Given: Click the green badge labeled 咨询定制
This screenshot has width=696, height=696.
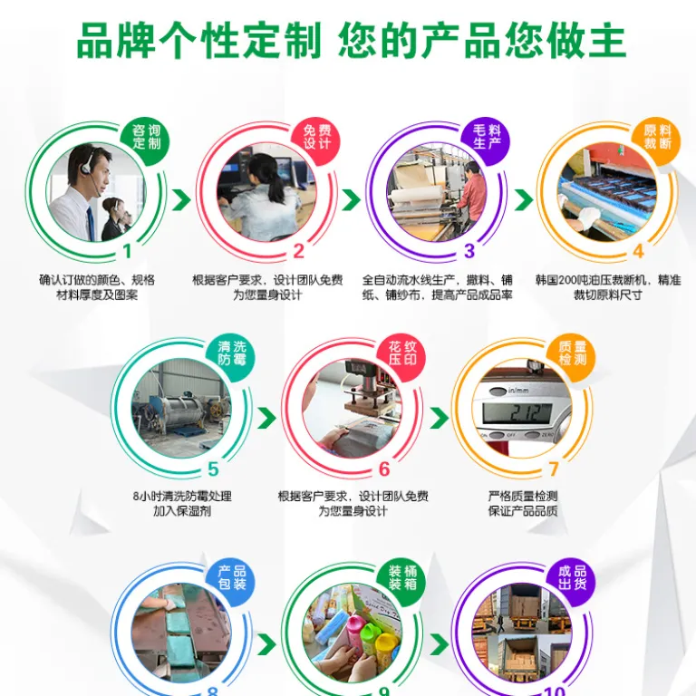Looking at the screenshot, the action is coord(146,137).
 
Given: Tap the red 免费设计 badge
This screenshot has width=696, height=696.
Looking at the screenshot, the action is coord(316,137).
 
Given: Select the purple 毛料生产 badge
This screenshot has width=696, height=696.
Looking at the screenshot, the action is coord(487,137).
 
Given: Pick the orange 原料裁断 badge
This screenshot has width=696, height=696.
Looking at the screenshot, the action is coord(657,137).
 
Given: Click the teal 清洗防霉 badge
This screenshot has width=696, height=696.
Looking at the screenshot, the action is coord(231,353).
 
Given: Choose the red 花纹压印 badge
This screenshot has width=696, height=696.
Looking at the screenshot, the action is coord(401,353).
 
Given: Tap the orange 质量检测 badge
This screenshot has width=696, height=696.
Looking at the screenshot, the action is coord(572,353).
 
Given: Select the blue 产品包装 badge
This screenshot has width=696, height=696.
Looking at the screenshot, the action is coord(231,577).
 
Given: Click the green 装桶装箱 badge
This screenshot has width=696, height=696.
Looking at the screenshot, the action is coord(401,577).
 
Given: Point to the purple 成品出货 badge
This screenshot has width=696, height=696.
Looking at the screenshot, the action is coord(572,577).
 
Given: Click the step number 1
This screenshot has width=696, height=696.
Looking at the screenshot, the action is coord(128,252).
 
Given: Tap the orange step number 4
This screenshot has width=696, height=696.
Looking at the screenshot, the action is coord(638,252).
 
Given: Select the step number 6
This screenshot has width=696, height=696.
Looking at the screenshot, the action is coord(384,469).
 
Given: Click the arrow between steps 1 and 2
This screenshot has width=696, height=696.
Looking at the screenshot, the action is coord(181,200).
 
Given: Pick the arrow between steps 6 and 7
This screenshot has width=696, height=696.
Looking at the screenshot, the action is coord(439,418).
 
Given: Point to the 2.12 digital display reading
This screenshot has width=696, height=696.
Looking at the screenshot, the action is coord(524,413).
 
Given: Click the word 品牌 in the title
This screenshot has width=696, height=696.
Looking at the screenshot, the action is coord(115,41).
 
